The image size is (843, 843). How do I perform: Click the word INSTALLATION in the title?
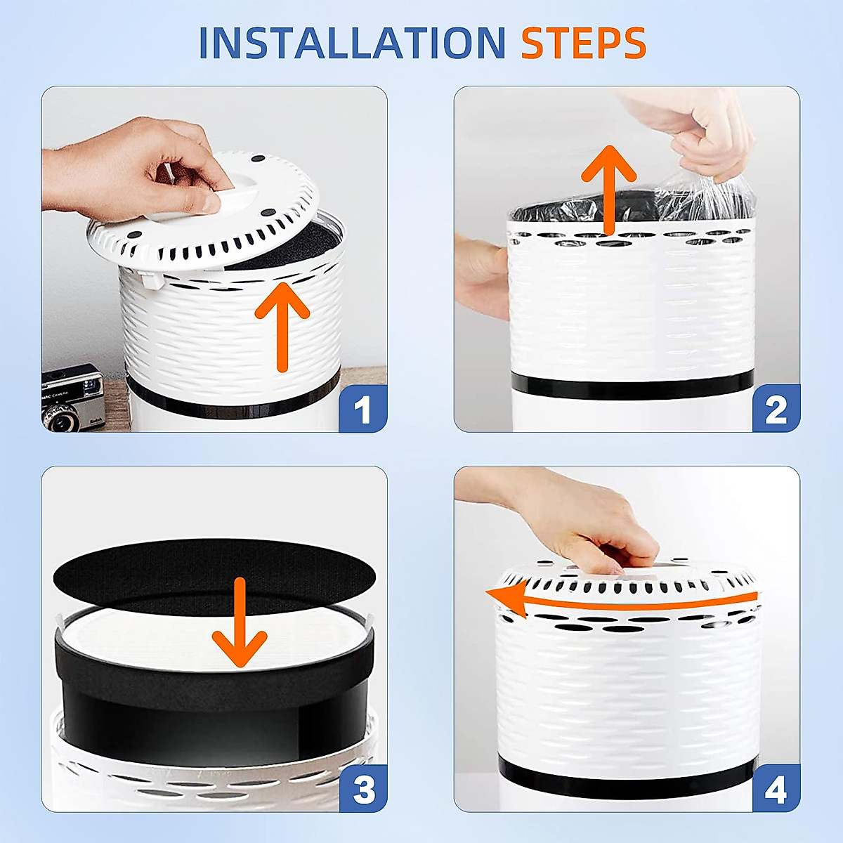(x=352, y=43)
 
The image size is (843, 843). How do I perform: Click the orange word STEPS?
(x=584, y=43)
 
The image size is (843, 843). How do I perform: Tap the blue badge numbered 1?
(x=362, y=408)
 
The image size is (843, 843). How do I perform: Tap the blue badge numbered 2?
(x=776, y=408)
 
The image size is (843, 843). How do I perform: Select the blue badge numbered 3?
(x=363, y=788)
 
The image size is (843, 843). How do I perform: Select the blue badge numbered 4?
(x=776, y=788)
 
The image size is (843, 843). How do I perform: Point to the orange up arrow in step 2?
(x=608, y=191)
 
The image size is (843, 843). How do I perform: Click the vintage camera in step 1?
(x=73, y=398)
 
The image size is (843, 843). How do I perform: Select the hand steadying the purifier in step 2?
(x=481, y=275)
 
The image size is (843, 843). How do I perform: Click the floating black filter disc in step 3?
(x=214, y=577)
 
